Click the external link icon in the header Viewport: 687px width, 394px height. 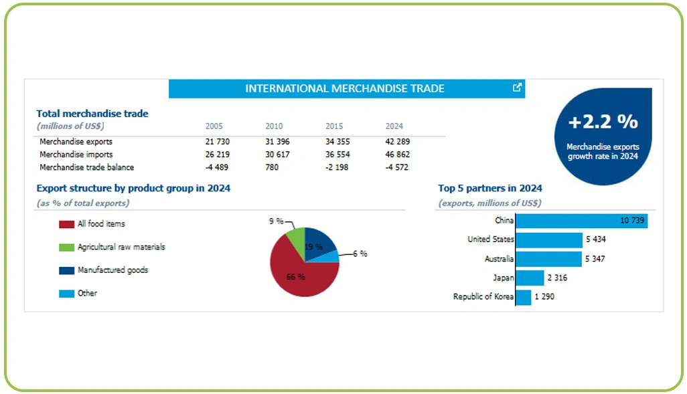pyautogui.click(x=517, y=88)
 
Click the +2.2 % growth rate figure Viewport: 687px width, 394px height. pyautogui.click(x=603, y=122)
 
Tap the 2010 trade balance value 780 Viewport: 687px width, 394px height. pyautogui.click(x=272, y=167)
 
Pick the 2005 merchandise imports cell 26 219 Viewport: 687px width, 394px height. pyautogui.click(x=218, y=155)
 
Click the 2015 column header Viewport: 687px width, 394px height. pyautogui.click(x=334, y=126)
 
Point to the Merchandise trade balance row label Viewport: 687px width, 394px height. pyautogui.click(x=86, y=167)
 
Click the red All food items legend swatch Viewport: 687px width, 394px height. pyautogui.click(x=66, y=224)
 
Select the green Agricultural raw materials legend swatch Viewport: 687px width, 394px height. pyautogui.click(x=66, y=248)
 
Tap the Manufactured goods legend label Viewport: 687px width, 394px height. pyautogui.click(x=112, y=270)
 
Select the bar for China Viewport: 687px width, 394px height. pyautogui.click(x=581, y=221)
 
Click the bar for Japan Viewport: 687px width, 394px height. pyautogui.click(x=530, y=278)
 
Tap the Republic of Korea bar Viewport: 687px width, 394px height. pyautogui.click(x=523, y=297)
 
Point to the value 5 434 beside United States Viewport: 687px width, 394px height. pyautogui.click(x=595, y=239)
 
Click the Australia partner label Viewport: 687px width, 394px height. pyautogui.click(x=499, y=259)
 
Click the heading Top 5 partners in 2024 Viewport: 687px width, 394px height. pyautogui.click(x=490, y=189)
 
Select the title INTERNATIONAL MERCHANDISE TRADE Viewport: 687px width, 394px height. pyautogui.click(x=345, y=88)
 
